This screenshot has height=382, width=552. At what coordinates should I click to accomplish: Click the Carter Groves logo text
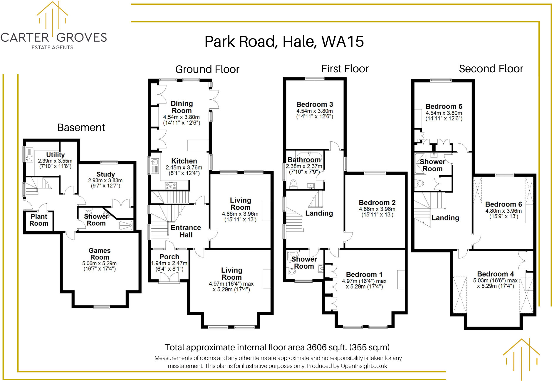pyautogui.click(x=53, y=38)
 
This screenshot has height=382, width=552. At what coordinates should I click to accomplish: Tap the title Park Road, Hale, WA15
pyautogui.click(x=284, y=41)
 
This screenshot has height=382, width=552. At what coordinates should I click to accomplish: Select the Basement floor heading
pyautogui.click(x=81, y=128)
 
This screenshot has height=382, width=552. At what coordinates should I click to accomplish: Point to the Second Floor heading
pyautogui.click(x=491, y=69)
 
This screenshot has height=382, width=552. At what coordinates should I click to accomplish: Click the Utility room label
pyautogui.click(x=55, y=155)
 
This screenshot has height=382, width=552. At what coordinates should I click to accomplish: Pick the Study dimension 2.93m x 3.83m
pyautogui.click(x=105, y=180)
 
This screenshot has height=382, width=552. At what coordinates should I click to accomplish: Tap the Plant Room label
pyautogui.click(x=39, y=220)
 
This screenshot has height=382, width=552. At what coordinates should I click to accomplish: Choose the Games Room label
pyautogui.click(x=100, y=254)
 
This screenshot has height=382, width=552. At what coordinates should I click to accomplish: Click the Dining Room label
pyautogui.click(x=182, y=107)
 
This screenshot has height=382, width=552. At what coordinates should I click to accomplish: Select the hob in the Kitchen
pyautogui.click(x=171, y=186)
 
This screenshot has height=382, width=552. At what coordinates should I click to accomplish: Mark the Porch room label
pyautogui.click(x=169, y=257)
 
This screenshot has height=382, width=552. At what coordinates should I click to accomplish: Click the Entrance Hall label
pyautogui.click(x=186, y=231)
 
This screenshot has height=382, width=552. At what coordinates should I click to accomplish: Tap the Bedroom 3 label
pyautogui.click(x=314, y=104)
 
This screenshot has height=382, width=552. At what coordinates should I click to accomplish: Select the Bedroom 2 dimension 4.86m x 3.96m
pyautogui.click(x=377, y=209)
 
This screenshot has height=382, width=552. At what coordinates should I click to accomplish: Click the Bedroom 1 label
pyautogui.click(x=364, y=274)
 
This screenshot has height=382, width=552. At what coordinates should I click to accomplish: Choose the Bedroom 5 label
pyautogui.click(x=444, y=106)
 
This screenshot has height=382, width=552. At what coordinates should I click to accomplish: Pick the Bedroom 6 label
pyautogui.click(x=503, y=204)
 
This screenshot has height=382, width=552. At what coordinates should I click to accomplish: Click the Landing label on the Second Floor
pyautogui.click(x=445, y=218)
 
